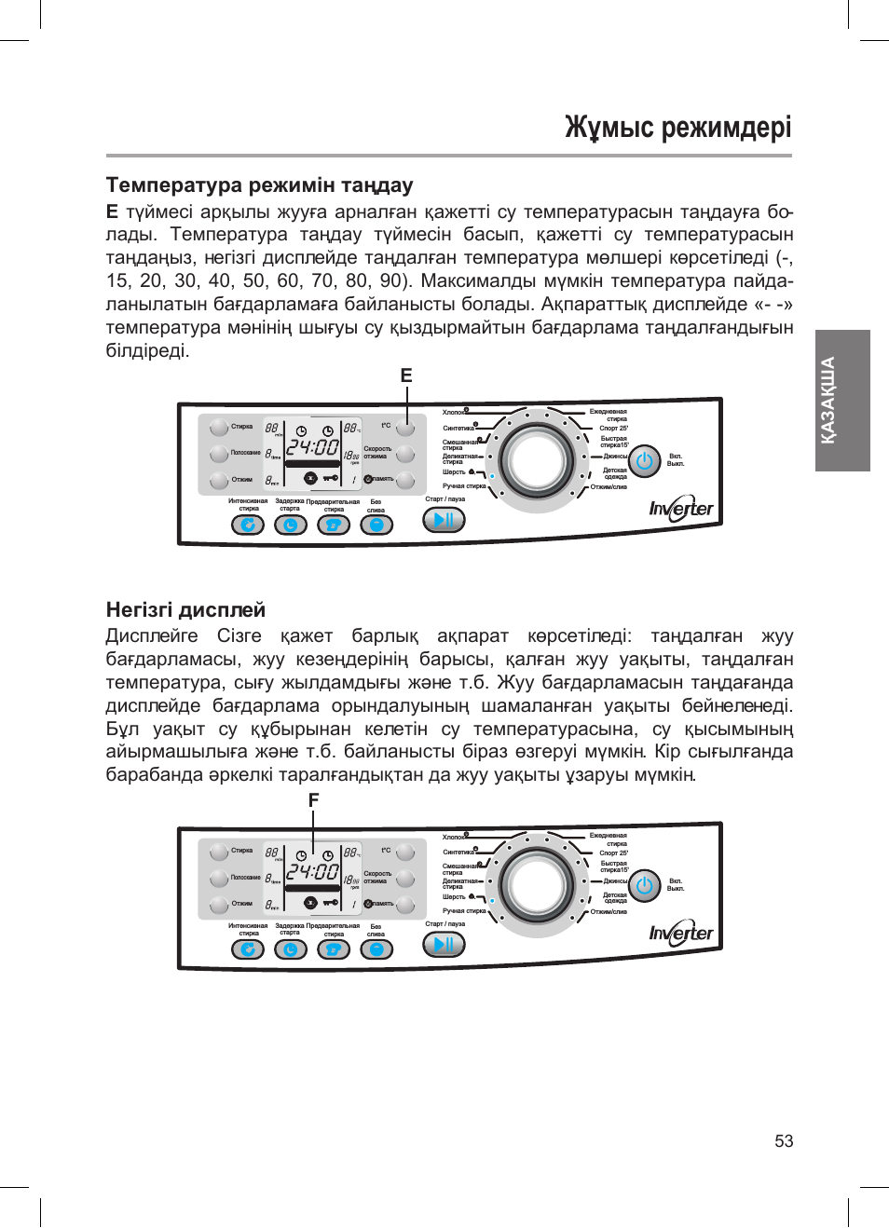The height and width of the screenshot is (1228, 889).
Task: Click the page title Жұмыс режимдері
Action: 677,127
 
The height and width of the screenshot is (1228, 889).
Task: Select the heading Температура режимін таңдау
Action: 259,184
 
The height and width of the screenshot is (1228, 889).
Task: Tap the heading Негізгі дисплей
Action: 185,609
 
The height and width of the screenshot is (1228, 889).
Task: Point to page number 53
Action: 784,1141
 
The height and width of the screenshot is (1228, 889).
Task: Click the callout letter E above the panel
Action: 406,375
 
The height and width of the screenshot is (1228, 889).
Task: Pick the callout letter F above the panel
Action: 313,800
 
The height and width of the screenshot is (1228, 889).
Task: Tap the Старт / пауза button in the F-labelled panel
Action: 444,945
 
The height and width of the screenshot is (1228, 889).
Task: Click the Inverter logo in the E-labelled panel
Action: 681,509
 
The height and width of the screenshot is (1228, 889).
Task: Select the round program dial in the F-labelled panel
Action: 537,886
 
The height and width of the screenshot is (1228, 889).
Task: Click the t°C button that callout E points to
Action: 405,428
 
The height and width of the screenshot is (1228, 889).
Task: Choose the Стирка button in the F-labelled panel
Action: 219,852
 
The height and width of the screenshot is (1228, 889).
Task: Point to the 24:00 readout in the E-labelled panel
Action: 312,447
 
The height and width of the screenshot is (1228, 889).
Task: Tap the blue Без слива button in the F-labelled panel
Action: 376,949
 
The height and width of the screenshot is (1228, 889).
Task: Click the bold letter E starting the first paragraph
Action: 112,211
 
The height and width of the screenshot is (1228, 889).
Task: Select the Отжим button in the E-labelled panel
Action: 219,480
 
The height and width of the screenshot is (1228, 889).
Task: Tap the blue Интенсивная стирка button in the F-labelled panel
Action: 248,949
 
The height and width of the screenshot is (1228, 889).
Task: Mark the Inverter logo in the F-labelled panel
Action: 681,934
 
